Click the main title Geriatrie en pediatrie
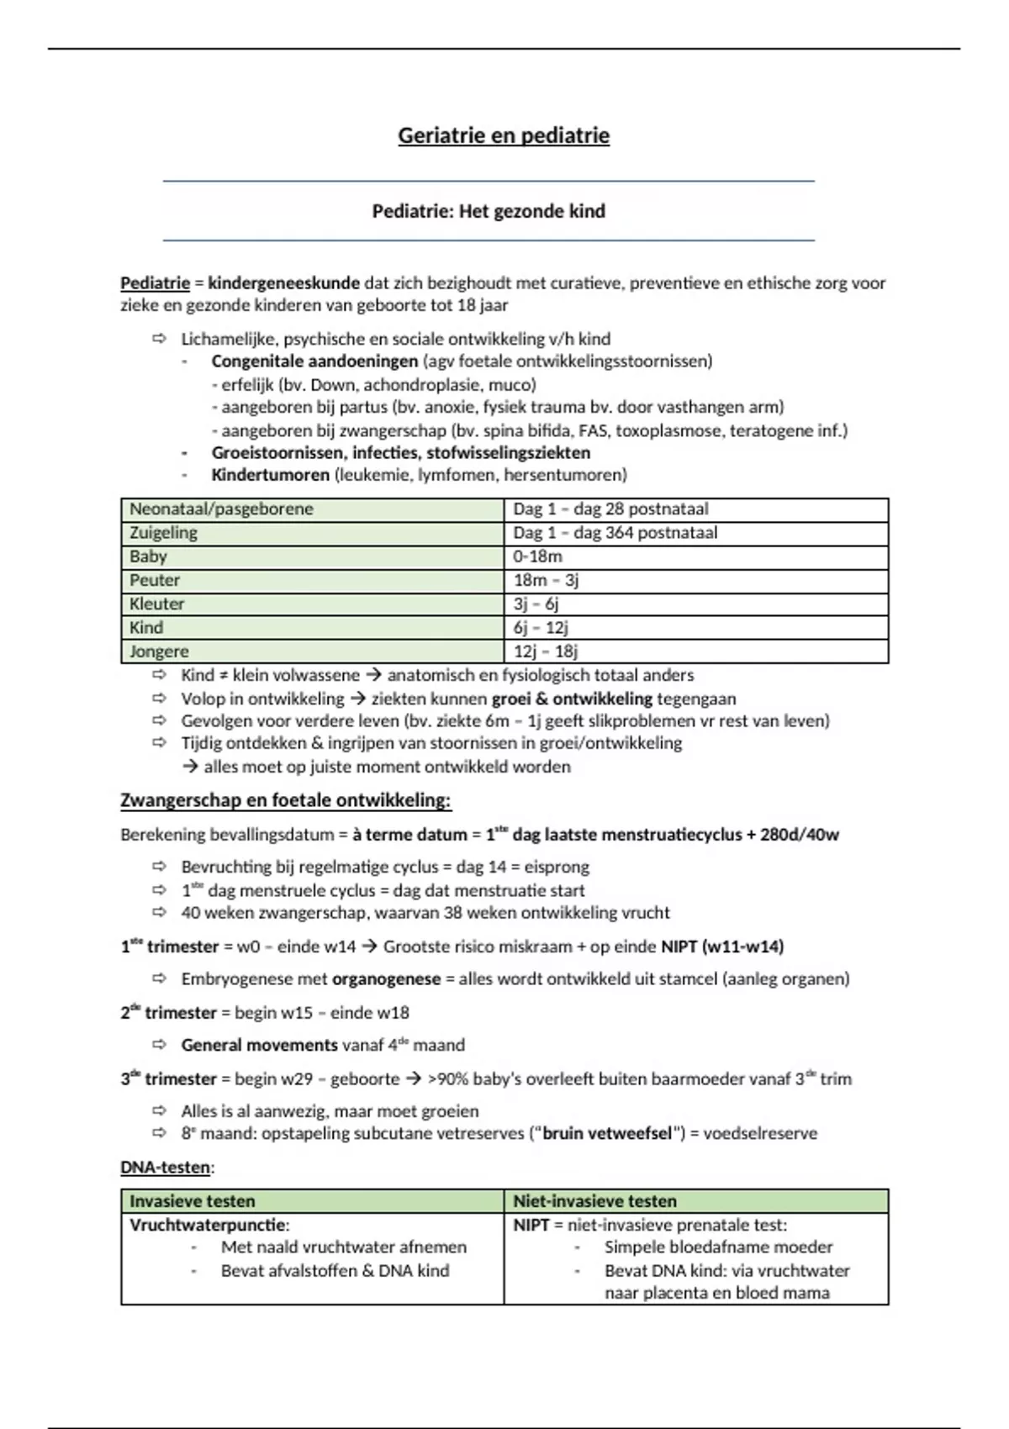pos(504,135)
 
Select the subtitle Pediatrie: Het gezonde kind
pos(489,211)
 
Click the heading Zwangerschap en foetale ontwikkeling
pos(285,800)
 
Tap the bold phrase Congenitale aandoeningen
pos(314,361)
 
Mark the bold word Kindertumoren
pos(270,475)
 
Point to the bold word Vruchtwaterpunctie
pos(209,1225)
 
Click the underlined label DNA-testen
pos(166,1167)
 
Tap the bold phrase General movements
pos(259,1045)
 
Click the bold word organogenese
pos(386,979)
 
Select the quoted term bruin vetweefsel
pos(607,1133)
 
